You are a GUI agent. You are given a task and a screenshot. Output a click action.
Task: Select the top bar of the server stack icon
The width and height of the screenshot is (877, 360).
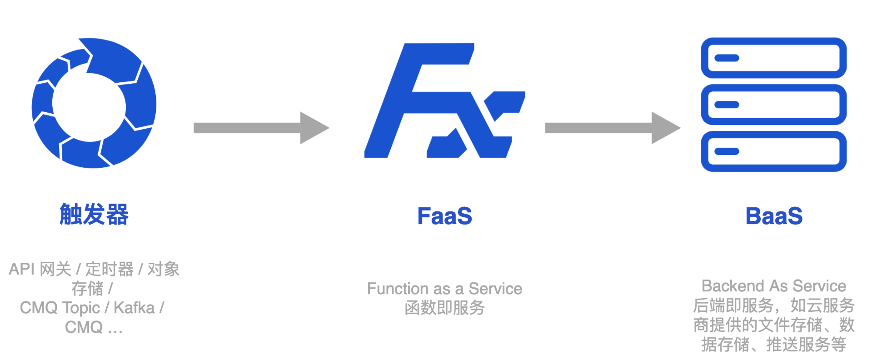click(773, 58)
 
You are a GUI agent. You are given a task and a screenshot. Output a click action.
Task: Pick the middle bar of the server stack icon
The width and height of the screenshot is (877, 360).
click(773, 105)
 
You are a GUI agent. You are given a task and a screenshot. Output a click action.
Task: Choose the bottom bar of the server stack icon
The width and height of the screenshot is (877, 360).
click(773, 151)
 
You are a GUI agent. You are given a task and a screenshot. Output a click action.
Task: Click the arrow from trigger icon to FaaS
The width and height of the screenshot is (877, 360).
click(261, 128)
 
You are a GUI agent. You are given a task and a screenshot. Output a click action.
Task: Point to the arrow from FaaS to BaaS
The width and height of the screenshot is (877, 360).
click(612, 128)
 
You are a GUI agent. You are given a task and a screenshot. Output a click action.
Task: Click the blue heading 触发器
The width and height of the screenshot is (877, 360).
click(94, 215)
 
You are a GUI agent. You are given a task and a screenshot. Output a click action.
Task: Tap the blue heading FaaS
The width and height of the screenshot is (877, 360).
click(444, 216)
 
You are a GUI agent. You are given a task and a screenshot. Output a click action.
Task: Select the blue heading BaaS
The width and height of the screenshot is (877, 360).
click(774, 216)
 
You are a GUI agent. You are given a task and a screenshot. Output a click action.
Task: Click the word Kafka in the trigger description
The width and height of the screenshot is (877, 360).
click(134, 308)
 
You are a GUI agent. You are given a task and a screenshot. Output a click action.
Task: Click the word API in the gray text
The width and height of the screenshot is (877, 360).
click(21, 269)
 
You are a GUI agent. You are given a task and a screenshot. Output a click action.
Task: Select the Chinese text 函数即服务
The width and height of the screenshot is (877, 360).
click(444, 308)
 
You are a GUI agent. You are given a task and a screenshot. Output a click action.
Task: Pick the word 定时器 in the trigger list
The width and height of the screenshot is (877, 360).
click(110, 269)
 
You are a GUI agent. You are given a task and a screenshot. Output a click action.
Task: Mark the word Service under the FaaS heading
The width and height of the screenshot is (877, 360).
click(495, 289)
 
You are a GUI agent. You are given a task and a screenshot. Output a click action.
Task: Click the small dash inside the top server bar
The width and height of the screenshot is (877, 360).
click(727, 58)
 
